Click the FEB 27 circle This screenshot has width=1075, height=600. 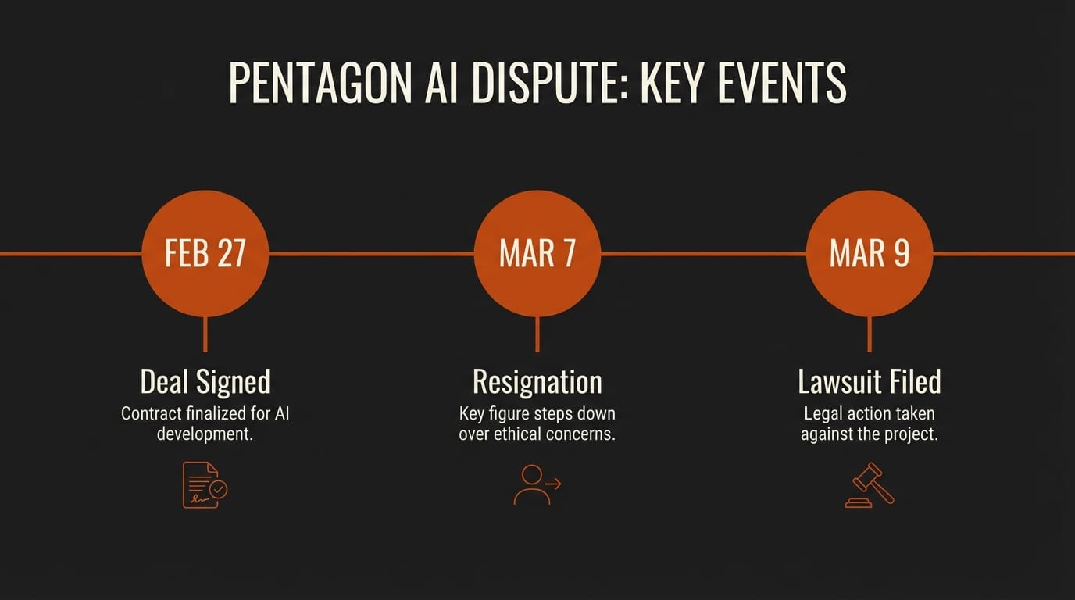click(x=205, y=253)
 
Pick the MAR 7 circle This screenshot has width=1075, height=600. click(x=537, y=253)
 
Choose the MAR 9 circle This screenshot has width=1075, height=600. click(x=870, y=253)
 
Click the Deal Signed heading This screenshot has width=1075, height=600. click(x=205, y=382)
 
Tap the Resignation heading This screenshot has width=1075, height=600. click(x=537, y=382)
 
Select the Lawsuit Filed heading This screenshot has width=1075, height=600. click(x=870, y=382)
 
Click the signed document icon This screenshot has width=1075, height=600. click(x=205, y=485)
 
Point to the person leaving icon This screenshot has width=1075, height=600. click(x=537, y=485)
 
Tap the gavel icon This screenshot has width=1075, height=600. click(x=870, y=485)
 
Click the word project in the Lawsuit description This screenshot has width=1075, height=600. click(x=912, y=434)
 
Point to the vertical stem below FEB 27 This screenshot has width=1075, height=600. click(x=205, y=334)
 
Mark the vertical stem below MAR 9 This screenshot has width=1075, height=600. click(x=870, y=334)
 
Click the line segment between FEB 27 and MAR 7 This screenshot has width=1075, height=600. click(x=371, y=253)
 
